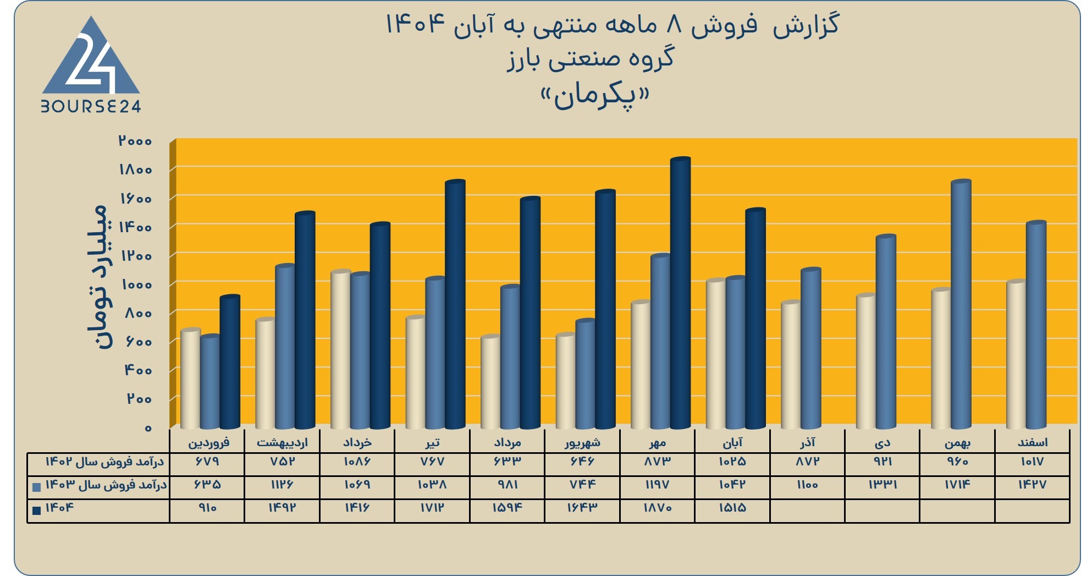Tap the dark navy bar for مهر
(x=680, y=293)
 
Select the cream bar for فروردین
(x=190, y=378)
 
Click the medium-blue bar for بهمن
(x=961, y=304)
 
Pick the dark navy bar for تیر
(x=455, y=304)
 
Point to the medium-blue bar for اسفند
(x=1036, y=325)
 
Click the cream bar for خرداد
(x=340, y=349)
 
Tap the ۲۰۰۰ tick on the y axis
(x=135, y=141)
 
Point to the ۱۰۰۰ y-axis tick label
(x=136, y=284)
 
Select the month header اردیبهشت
(x=282, y=442)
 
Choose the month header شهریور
(x=582, y=442)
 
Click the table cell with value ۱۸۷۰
(x=658, y=508)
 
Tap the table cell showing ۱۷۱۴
(x=957, y=485)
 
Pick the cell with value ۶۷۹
(x=207, y=462)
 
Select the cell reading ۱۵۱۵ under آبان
(x=732, y=508)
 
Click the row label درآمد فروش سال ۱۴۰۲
(x=104, y=462)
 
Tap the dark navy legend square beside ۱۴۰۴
(x=37, y=510)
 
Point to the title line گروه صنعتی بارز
(x=591, y=59)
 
